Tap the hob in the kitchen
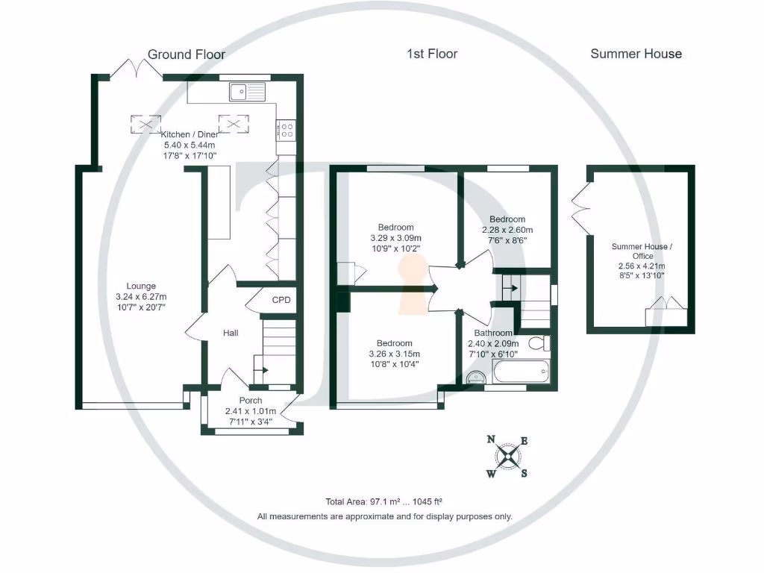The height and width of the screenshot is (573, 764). (285, 131)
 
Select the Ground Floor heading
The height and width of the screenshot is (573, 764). (186, 54)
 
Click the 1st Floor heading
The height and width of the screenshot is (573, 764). (432, 54)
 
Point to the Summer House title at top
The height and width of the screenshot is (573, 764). (636, 54)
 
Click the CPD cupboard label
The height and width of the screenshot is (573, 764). (281, 300)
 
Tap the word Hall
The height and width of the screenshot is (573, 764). (231, 333)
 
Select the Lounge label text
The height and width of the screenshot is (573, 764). (141, 286)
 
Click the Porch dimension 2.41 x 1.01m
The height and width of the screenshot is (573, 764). (250, 411)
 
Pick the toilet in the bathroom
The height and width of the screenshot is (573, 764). (539, 344)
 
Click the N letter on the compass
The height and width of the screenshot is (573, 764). (491, 439)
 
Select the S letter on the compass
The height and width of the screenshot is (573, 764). (524, 473)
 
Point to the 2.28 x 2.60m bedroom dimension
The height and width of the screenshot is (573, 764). (507, 230)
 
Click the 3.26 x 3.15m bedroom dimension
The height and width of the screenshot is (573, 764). (395, 354)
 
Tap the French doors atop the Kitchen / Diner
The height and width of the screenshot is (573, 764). (137, 69)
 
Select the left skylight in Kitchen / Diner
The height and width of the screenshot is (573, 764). (145, 123)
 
